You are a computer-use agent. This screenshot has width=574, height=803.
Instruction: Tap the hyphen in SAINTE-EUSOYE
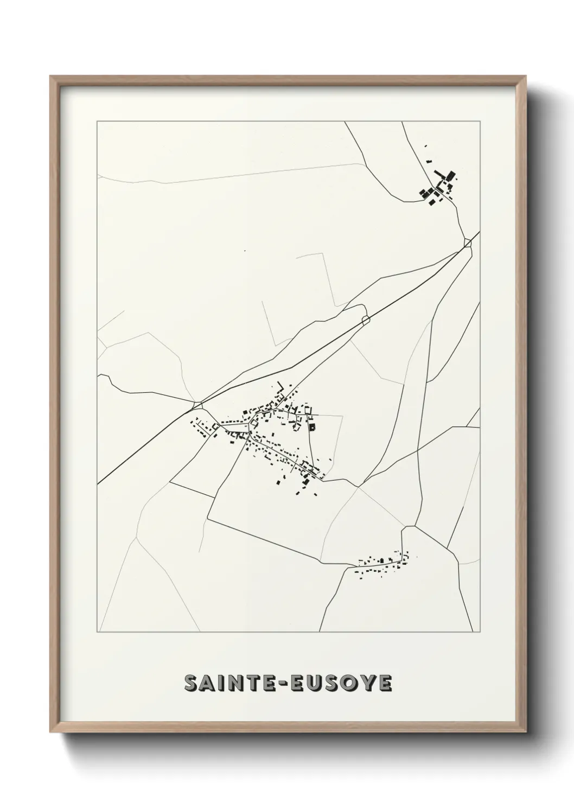[283, 684]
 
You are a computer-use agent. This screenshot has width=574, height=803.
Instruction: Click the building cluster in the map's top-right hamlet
[439, 187]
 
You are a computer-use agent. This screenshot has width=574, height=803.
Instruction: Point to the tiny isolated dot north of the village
[245, 251]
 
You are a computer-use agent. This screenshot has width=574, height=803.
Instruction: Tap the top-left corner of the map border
[97, 122]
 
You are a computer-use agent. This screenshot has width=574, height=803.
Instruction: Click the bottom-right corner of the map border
[481, 632]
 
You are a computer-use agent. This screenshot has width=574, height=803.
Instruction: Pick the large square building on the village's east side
[312, 426]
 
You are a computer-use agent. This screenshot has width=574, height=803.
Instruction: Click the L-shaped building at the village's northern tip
[280, 386]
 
